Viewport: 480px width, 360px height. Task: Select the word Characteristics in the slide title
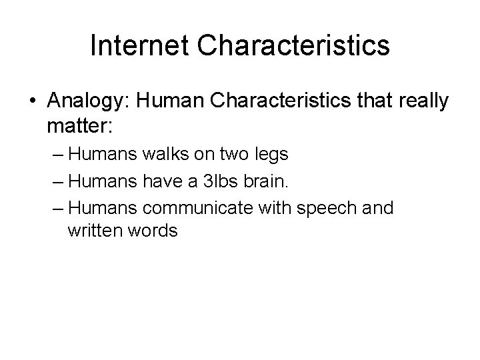coord(294,45)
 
